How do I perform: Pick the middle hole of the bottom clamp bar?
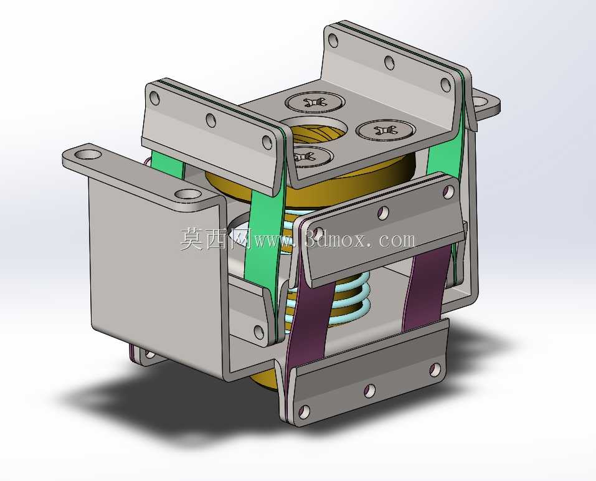pos(369,391)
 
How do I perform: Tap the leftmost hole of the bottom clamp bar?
pos(304,411)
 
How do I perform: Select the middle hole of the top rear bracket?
pos(389,62)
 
